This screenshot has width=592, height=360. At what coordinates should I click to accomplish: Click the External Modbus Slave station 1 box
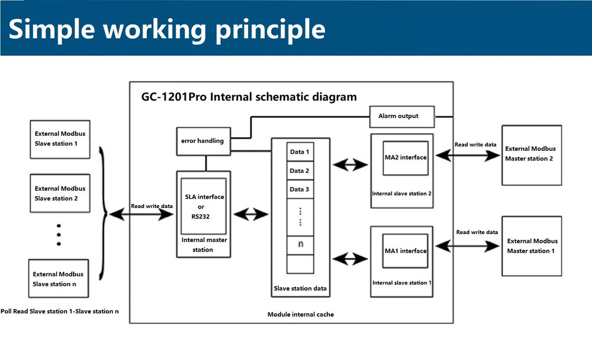pos(60,139)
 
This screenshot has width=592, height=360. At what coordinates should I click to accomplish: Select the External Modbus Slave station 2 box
pos(60,193)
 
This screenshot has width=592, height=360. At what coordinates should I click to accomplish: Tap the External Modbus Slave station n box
pos(58,279)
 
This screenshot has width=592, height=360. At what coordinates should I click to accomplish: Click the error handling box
pos(203,141)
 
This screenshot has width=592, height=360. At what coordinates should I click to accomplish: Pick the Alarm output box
pos(402,117)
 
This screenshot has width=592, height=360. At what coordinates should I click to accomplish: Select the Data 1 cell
pos(300,152)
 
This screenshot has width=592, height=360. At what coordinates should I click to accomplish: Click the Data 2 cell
pos(300,170)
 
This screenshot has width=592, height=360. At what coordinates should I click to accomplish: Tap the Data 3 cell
pos(300,190)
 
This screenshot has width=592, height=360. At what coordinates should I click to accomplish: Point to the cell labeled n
pos(300,245)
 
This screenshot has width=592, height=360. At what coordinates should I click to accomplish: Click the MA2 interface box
pos(405,158)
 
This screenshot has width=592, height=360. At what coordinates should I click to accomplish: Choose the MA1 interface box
pos(405,251)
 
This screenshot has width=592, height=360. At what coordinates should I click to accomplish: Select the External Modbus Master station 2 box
pos(532,155)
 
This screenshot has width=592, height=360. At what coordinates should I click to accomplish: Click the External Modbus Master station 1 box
pos(532,246)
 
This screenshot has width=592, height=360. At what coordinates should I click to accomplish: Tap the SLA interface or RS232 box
pos(203,206)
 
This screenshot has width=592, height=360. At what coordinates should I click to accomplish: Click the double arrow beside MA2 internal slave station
pos(350,165)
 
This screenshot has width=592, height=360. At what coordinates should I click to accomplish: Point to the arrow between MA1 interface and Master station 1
pos(468,246)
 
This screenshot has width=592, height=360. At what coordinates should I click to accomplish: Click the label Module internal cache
pos(301,314)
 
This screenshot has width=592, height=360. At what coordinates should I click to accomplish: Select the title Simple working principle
pos(167,29)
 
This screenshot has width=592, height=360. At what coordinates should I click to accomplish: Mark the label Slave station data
pos(300,288)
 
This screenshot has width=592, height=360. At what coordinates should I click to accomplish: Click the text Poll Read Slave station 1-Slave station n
pos(60,311)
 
